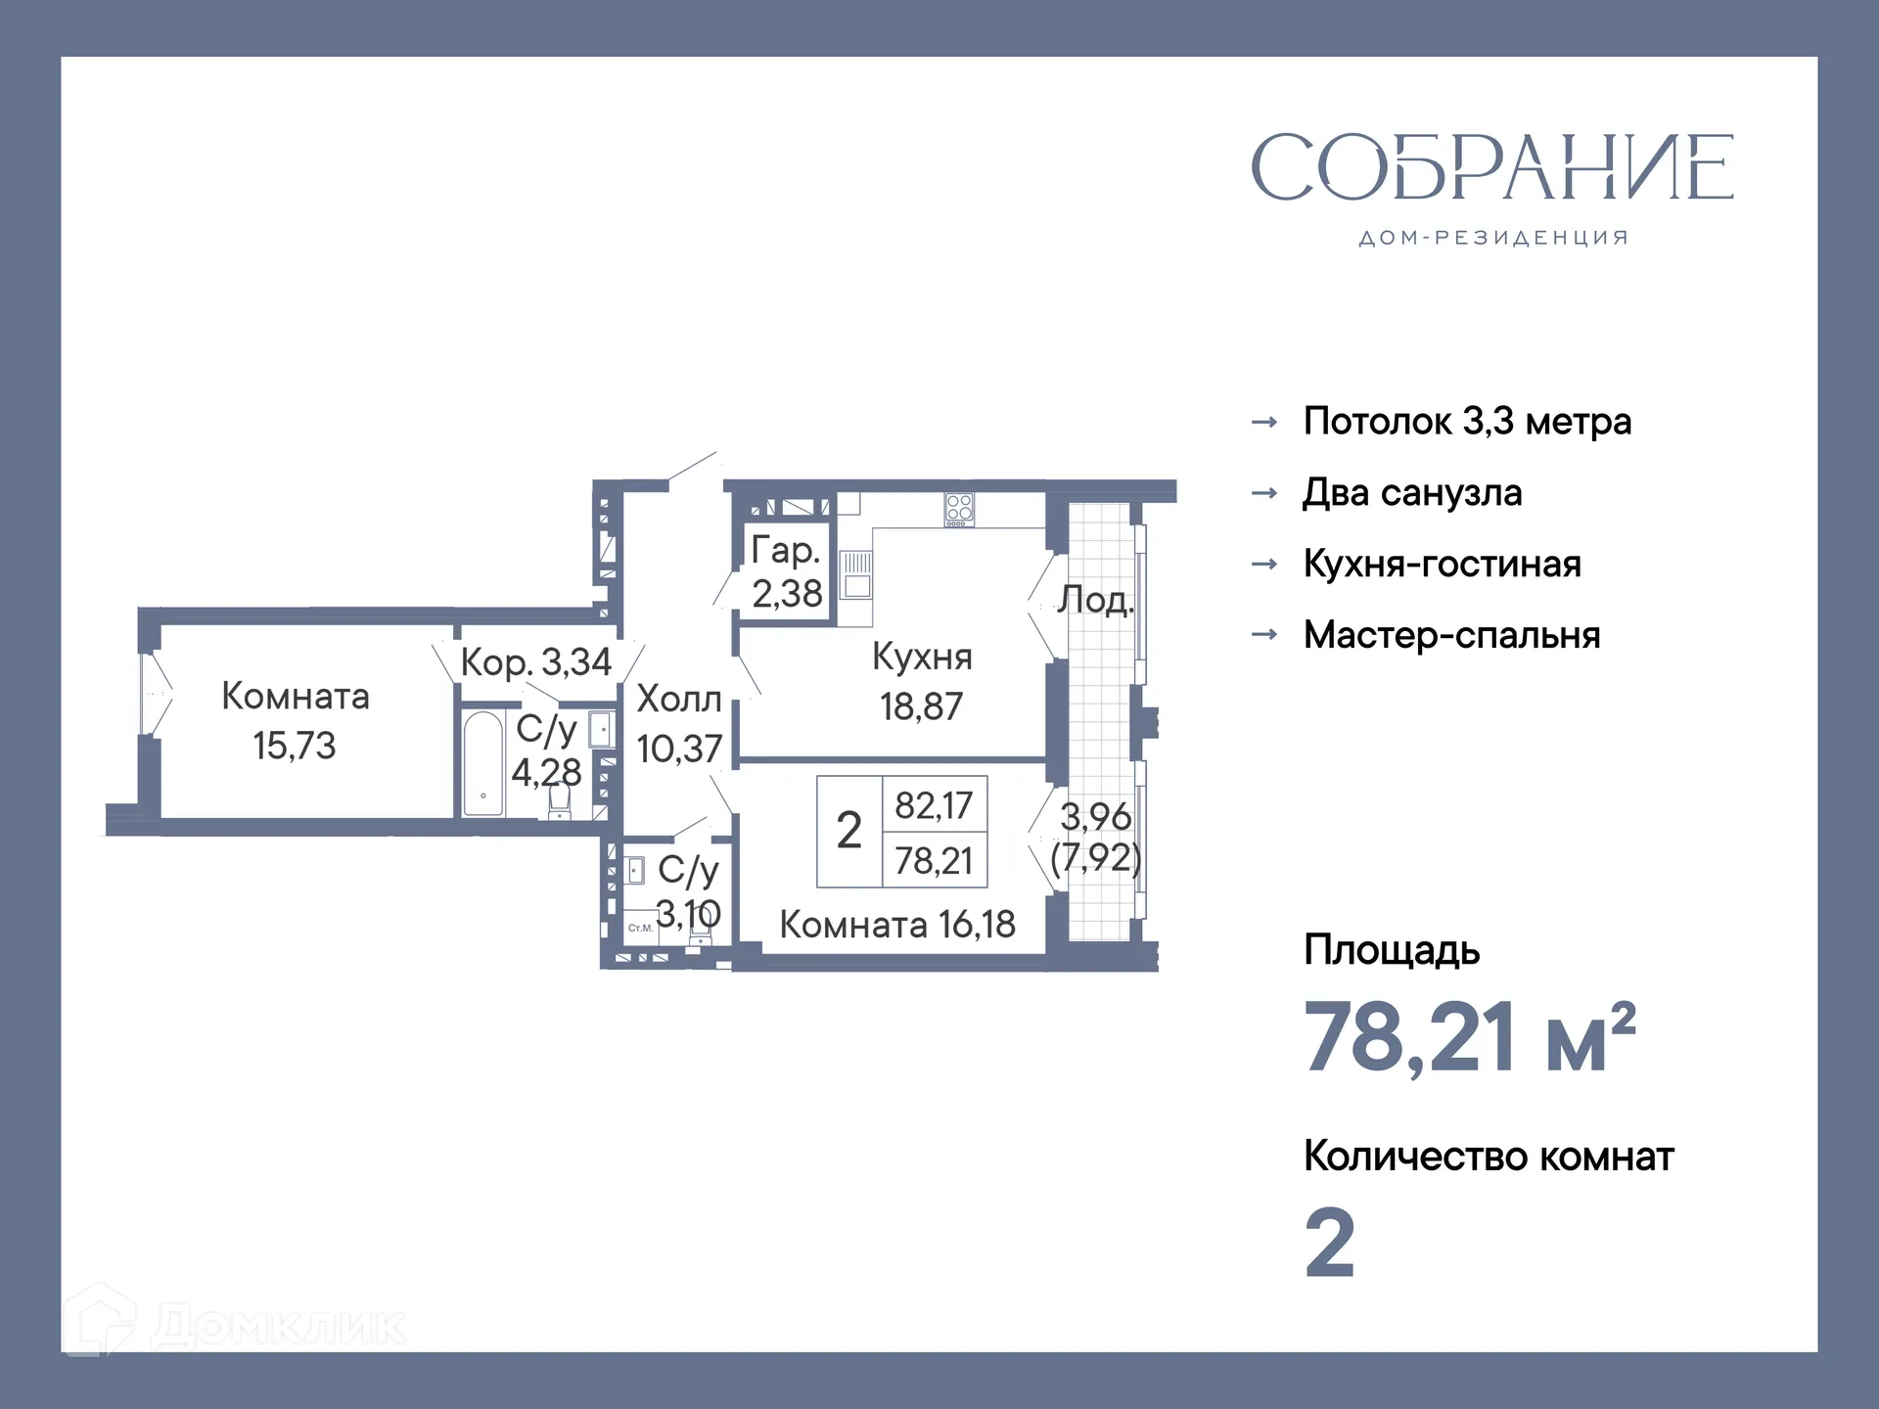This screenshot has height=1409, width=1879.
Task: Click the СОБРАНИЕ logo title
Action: click(1491, 168)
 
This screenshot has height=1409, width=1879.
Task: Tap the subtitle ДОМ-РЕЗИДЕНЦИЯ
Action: click(1493, 238)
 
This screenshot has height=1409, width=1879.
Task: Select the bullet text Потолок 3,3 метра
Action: click(1466, 422)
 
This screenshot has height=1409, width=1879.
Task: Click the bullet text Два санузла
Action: click(1411, 493)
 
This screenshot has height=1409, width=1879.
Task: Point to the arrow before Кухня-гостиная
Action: click(1264, 565)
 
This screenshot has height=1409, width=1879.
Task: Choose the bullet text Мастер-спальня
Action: click(1451, 635)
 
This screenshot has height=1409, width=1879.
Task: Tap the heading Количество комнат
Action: click(1488, 1157)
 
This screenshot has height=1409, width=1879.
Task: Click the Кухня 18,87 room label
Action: click(921, 681)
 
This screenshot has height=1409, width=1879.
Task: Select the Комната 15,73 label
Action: click(295, 720)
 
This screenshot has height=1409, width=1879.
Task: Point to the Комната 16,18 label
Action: click(896, 925)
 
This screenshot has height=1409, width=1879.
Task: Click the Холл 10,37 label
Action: click(679, 724)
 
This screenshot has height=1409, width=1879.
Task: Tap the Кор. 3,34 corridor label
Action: click(535, 662)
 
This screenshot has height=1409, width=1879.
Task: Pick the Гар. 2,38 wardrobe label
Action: click(786, 571)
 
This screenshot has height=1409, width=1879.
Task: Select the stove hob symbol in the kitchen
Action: click(959, 508)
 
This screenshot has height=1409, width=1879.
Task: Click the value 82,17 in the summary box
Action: click(934, 805)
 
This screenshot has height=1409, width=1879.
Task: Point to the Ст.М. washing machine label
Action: click(640, 928)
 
